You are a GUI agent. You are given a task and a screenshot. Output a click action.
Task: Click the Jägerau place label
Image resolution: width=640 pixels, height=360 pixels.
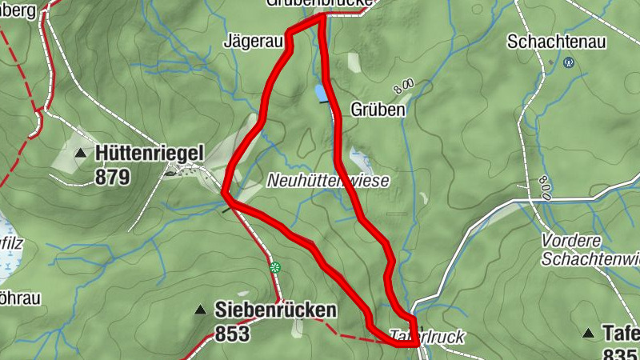pyautogui.click(x=254, y=38)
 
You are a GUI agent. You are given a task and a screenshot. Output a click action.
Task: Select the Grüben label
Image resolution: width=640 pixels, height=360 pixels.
pyautogui.click(x=378, y=109)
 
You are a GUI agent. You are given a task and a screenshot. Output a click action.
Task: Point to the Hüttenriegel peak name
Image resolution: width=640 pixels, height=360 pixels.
pyautogui.click(x=150, y=153)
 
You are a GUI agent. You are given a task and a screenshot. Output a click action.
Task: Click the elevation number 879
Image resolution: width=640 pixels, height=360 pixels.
pyautogui.click(x=112, y=177)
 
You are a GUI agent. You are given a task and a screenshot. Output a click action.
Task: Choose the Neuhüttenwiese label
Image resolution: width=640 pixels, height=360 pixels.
pyautogui.click(x=328, y=181)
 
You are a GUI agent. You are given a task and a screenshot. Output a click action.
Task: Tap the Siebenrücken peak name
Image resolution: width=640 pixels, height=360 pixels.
pyautogui.click(x=275, y=310)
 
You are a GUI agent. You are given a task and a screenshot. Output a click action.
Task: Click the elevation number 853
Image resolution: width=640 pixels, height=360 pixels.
pyautogui.click(x=233, y=334)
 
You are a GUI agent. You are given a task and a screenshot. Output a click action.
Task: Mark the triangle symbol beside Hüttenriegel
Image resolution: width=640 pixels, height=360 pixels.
pyautogui.click(x=80, y=153)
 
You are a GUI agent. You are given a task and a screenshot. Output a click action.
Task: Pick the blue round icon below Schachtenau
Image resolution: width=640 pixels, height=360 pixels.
pyautogui.click(x=569, y=62)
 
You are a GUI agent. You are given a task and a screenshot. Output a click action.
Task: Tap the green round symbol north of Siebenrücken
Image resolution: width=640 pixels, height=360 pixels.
pyautogui.click(x=276, y=266)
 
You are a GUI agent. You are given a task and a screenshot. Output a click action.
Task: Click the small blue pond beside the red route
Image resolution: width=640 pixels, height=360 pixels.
pyautogui.click(x=321, y=94)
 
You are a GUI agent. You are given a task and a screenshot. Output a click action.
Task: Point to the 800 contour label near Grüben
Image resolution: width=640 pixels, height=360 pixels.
pyautogui.click(x=404, y=84)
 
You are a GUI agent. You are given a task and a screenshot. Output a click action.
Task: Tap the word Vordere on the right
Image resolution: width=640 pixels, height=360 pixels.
pyautogui.click(x=570, y=241)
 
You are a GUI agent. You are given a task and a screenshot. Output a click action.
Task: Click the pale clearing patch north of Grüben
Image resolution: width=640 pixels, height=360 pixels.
pyautogui.click(x=354, y=63)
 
